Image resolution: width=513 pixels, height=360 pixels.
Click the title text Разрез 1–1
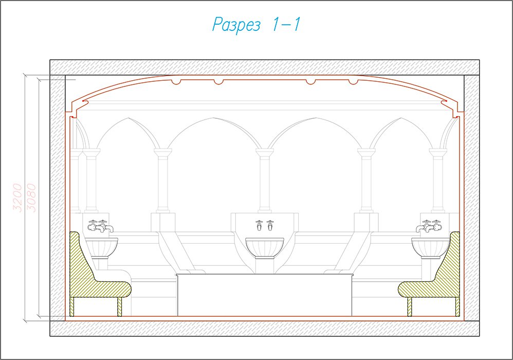tap(256, 25)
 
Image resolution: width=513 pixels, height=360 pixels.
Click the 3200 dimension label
tap(17, 197)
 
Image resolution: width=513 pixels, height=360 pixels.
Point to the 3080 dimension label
tap(31, 197)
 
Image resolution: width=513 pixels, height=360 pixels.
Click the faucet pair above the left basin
tap(101, 226)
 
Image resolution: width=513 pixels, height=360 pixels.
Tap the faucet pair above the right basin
tap(429, 226)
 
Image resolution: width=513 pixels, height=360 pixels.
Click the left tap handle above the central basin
tap(260, 225)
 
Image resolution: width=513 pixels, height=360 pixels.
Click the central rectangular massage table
tap(264, 295)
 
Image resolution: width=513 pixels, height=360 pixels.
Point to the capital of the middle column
tap(264, 152)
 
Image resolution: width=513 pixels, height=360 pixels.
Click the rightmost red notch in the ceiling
tap(353, 82)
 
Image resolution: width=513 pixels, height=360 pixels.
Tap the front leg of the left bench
tap(119, 307)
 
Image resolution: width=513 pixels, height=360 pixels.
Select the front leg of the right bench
tap(410, 307)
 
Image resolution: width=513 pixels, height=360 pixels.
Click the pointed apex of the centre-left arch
tap(213, 118)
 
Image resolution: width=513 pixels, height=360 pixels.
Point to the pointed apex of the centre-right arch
tap(316, 118)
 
